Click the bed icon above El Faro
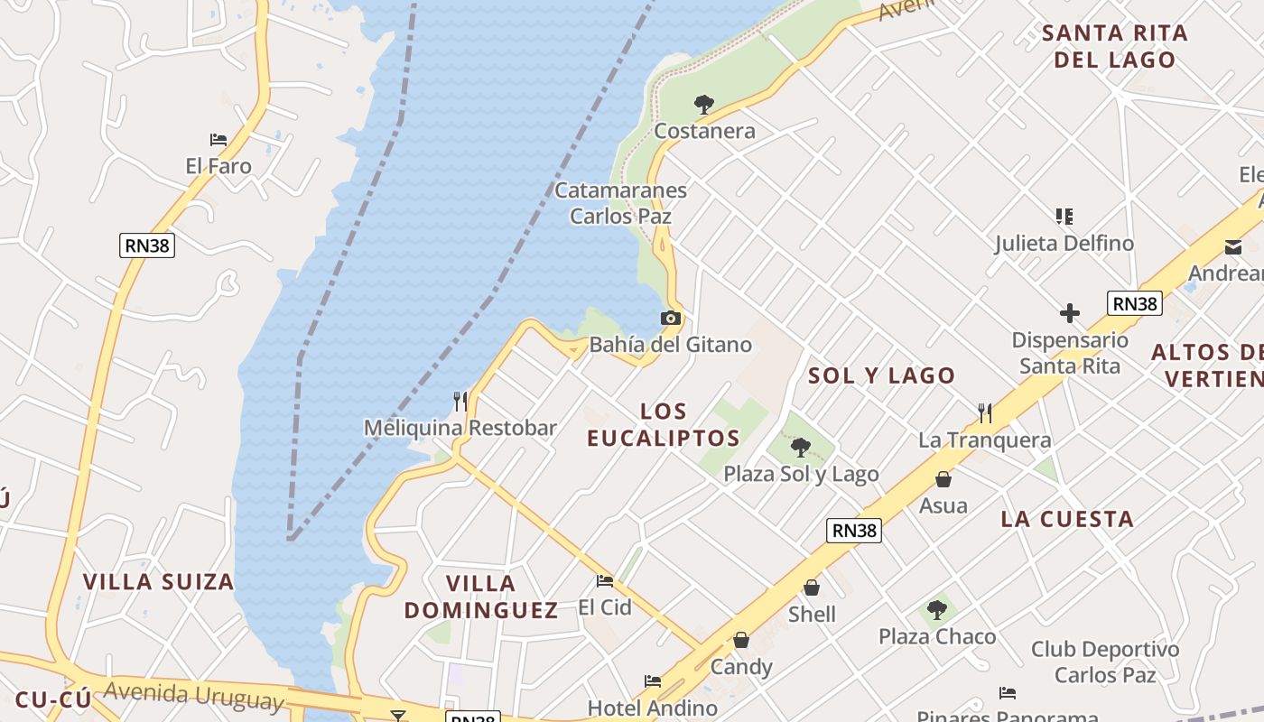pos(218,140)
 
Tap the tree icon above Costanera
pos(704,105)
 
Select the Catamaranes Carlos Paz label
pos(620,203)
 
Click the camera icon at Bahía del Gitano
pos(670,318)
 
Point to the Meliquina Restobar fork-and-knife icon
pos(460,401)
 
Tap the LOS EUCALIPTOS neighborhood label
pos(664,424)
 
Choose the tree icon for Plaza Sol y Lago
pos(800,447)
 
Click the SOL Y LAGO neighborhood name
pos(881,375)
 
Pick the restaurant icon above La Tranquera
pos(985,413)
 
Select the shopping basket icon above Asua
pos(943,479)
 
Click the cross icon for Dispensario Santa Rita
pos(1070,314)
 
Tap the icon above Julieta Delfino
pos(1064,217)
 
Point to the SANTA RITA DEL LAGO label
pos(1114,47)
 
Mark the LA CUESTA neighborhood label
pos(1067,519)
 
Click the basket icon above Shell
pos(812,588)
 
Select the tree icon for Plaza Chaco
pos(937,610)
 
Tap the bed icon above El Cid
pos(605,581)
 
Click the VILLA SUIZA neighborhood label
pos(159,581)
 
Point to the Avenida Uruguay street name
pos(193,696)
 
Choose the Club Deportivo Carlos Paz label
pos(1105,662)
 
